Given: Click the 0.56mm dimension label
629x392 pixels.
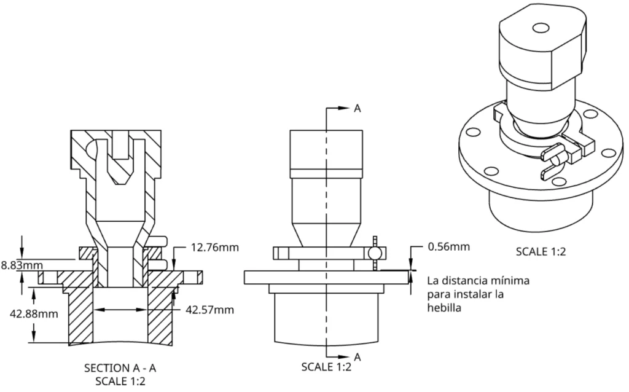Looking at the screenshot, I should click(449, 247).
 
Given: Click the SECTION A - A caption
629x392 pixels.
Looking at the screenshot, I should click(120, 368).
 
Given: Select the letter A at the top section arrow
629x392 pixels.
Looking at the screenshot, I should click(357, 108).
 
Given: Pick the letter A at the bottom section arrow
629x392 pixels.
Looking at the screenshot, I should click(357, 356).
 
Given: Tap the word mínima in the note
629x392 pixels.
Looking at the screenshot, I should click(510, 281).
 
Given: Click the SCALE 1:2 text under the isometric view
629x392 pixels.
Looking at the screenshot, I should click(541, 251).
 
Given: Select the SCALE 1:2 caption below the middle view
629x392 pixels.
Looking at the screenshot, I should click(326, 367).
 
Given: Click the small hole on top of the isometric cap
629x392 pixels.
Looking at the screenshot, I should click(540, 28).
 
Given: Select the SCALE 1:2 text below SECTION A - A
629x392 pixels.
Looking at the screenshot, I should click(120, 381).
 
